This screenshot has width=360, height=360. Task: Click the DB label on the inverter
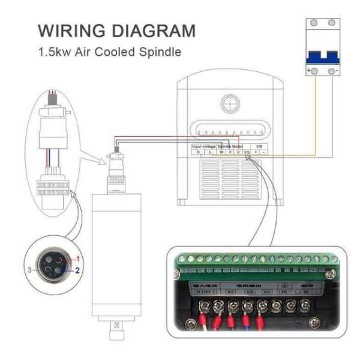pos(259,146)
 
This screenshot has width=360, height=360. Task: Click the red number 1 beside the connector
pos(76,257)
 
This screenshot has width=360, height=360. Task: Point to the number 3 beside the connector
pos(29,271)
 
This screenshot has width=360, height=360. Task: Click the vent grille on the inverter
pos(227,181)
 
